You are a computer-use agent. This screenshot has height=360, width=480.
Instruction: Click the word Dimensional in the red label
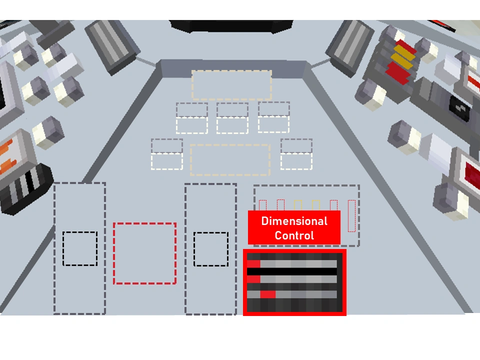(x=294, y=221)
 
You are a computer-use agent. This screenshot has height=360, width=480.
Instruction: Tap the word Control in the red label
(x=294, y=235)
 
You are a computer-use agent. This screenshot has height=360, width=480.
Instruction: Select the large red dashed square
(x=144, y=253)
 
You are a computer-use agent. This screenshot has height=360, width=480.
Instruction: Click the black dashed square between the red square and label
(x=210, y=248)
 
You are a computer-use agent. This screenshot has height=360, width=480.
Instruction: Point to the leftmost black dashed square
(x=79, y=248)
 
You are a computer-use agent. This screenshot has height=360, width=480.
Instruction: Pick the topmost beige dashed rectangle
(x=231, y=85)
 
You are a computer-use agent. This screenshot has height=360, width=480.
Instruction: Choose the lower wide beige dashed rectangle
(x=230, y=160)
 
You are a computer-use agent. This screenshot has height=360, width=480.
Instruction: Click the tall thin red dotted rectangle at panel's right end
(x=351, y=215)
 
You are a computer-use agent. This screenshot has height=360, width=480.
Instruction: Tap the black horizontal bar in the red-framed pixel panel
(x=294, y=271)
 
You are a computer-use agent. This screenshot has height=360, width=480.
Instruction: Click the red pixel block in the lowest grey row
(x=268, y=294)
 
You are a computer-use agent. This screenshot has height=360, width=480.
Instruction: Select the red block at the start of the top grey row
(x=253, y=263)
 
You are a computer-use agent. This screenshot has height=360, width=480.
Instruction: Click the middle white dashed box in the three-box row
(x=232, y=124)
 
